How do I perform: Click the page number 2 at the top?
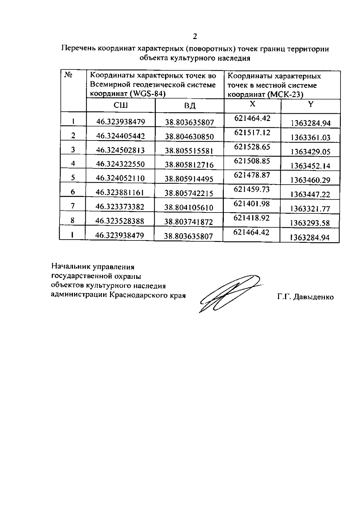coord(195,37)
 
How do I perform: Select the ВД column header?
coord(190,106)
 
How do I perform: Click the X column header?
coord(253,104)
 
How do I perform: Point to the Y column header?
coord(311,104)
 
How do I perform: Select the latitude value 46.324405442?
coord(121,136)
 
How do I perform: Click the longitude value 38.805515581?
coord(189,151)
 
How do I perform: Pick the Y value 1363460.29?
coord(310,180)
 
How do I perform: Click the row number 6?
coord(73,192)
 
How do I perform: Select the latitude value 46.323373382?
coord(120,207)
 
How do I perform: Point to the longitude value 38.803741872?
coord(189,222)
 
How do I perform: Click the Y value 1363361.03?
coord(310,137)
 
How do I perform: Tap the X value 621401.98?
coord(252,204)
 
